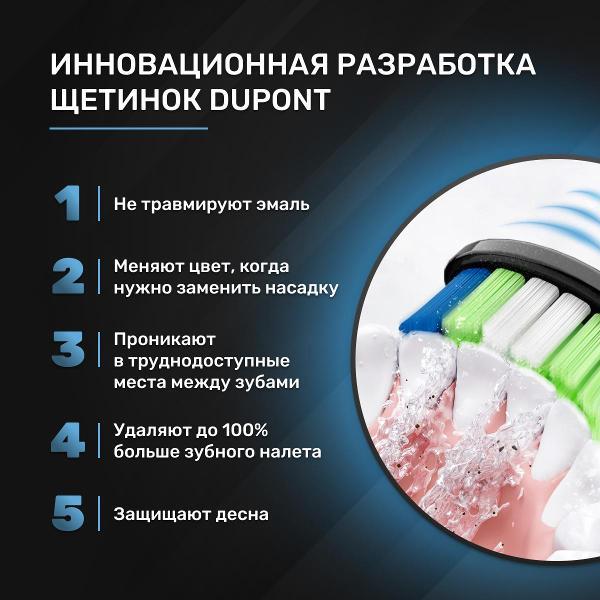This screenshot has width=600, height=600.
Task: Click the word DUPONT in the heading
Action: [x=269, y=99]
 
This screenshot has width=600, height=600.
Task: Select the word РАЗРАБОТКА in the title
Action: [x=436, y=64]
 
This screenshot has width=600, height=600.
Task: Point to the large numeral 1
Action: [x=68, y=203]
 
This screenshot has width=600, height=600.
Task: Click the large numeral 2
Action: [x=68, y=276]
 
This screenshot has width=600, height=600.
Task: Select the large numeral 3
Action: [x=68, y=350]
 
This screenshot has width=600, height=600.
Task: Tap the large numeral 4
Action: [x=68, y=440]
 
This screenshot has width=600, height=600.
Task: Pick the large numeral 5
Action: [x=68, y=514]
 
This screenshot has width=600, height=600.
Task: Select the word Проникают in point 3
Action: [x=165, y=340]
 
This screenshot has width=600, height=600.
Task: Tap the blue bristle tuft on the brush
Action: [x=443, y=299]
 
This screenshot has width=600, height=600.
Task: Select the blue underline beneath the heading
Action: [x=129, y=129]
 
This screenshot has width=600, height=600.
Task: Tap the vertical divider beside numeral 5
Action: [x=99, y=514]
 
